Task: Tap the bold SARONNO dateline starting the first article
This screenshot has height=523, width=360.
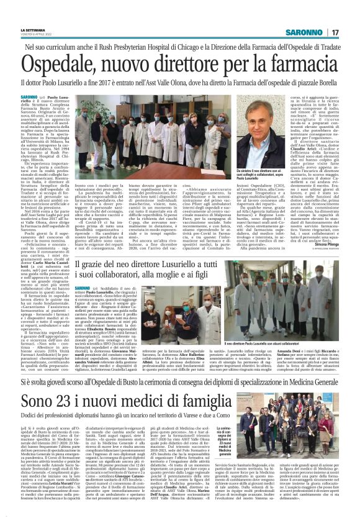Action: pos(47,98)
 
